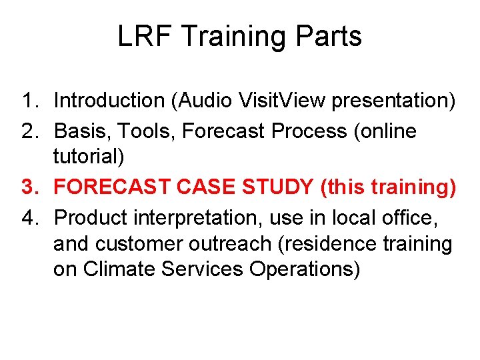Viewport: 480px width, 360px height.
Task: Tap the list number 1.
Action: tap(29, 101)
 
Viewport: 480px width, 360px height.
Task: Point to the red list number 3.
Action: tap(29, 187)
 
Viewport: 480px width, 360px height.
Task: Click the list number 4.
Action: tap(29, 217)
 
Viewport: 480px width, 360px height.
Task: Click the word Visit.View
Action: tap(291, 101)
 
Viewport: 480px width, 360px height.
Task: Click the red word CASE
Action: tap(204, 187)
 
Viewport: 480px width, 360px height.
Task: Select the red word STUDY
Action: tap(280, 187)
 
